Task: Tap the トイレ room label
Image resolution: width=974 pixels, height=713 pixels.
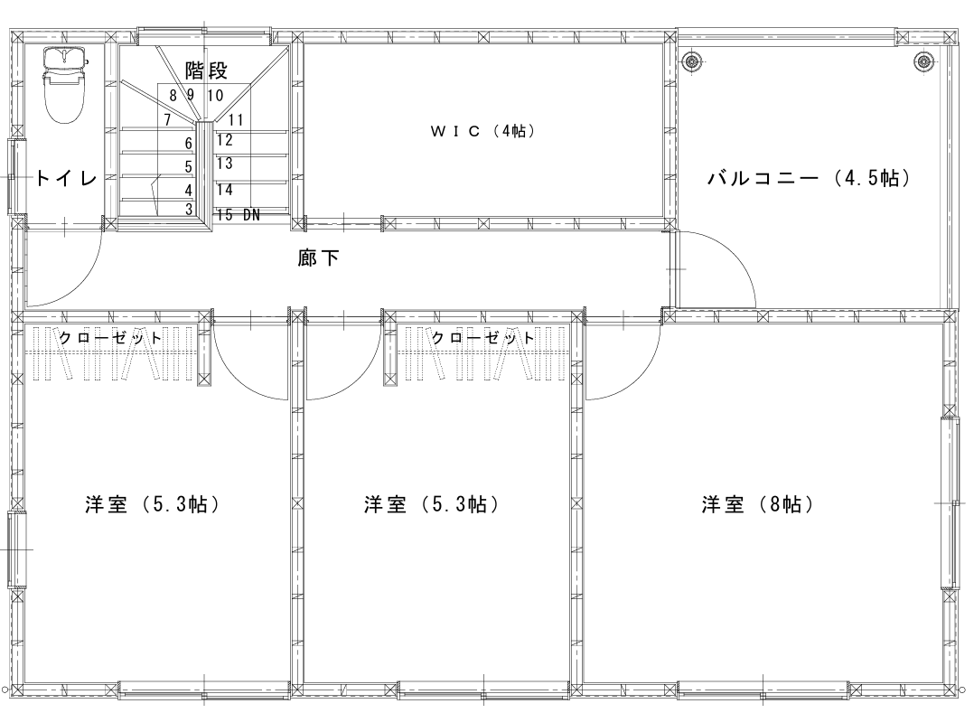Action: click(x=66, y=179)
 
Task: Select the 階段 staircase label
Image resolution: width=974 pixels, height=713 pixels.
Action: click(x=206, y=70)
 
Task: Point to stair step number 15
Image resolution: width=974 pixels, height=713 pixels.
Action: click(x=226, y=215)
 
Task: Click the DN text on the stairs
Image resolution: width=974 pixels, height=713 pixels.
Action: click(x=251, y=215)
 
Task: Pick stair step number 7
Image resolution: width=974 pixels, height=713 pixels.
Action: click(x=168, y=119)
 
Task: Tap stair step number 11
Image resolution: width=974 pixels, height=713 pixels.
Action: click(x=236, y=119)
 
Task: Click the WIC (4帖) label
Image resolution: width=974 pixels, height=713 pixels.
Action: click(x=482, y=131)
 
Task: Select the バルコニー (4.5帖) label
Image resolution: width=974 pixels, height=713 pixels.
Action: click(x=810, y=178)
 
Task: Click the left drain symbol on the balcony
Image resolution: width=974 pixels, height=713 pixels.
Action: click(x=690, y=61)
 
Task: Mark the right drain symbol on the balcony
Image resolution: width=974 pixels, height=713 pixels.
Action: click(x=924, y=61)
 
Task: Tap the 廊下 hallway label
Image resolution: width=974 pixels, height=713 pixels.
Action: click(x=318, y=258)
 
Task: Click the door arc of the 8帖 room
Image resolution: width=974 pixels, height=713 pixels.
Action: click(x=640, y=379)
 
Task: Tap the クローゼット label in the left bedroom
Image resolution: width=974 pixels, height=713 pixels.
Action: click(x=110, y=338)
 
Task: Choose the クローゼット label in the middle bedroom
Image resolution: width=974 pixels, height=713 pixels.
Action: click(x=482, y=338)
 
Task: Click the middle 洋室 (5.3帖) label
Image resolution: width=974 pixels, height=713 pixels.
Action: click(x=432, y=504)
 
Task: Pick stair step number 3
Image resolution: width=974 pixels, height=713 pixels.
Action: click(x=189, y=210)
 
